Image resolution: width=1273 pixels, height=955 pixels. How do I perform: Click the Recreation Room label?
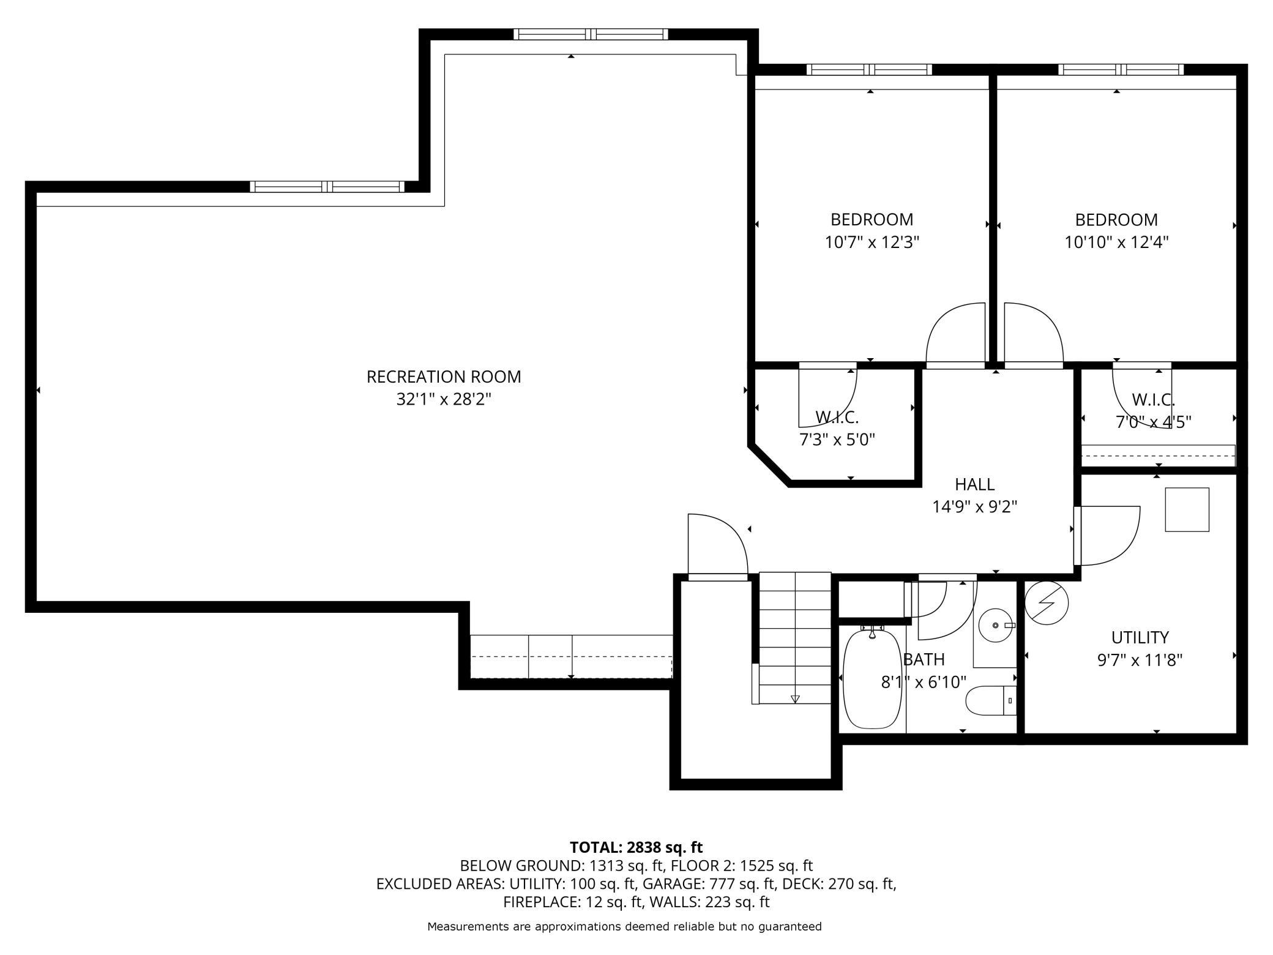click(x=444, y=376)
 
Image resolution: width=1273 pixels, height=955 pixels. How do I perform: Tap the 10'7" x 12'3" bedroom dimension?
click(x=872, y=242)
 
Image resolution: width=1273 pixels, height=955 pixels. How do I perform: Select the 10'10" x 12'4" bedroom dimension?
click(x=1117, y=242)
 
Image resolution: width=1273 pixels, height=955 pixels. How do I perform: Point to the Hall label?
click(x=974, y=484)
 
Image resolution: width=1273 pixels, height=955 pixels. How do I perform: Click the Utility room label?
click(x=1140, y=637)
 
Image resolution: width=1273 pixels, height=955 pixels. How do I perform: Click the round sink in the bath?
click(x=996, y=625)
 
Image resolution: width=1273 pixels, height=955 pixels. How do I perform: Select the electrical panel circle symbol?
click(x=1047, y=602)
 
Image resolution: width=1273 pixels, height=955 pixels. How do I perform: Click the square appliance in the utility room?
click(x=1187, y=509)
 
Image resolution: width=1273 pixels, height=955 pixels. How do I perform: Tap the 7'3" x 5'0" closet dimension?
click(x=837, y=440)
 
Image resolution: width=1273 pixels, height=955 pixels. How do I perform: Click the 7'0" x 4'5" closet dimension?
click(x=1153, y=422)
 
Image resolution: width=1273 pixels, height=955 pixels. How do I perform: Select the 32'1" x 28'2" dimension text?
click(x=444, y=400)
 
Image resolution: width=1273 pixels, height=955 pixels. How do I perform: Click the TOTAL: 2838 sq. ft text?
click(x=636, y=847)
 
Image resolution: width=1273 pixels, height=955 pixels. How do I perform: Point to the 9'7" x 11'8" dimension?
click(x=1140, y=660)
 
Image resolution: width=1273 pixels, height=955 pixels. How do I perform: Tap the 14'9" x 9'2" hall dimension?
click(x=974, y=507)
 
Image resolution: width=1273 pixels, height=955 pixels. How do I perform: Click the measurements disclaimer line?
click(x=624, y=926)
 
